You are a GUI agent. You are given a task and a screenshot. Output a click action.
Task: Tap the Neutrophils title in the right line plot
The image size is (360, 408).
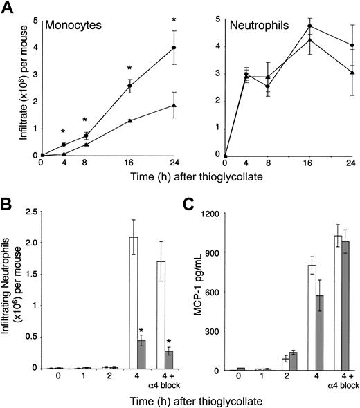pos(258,25)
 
